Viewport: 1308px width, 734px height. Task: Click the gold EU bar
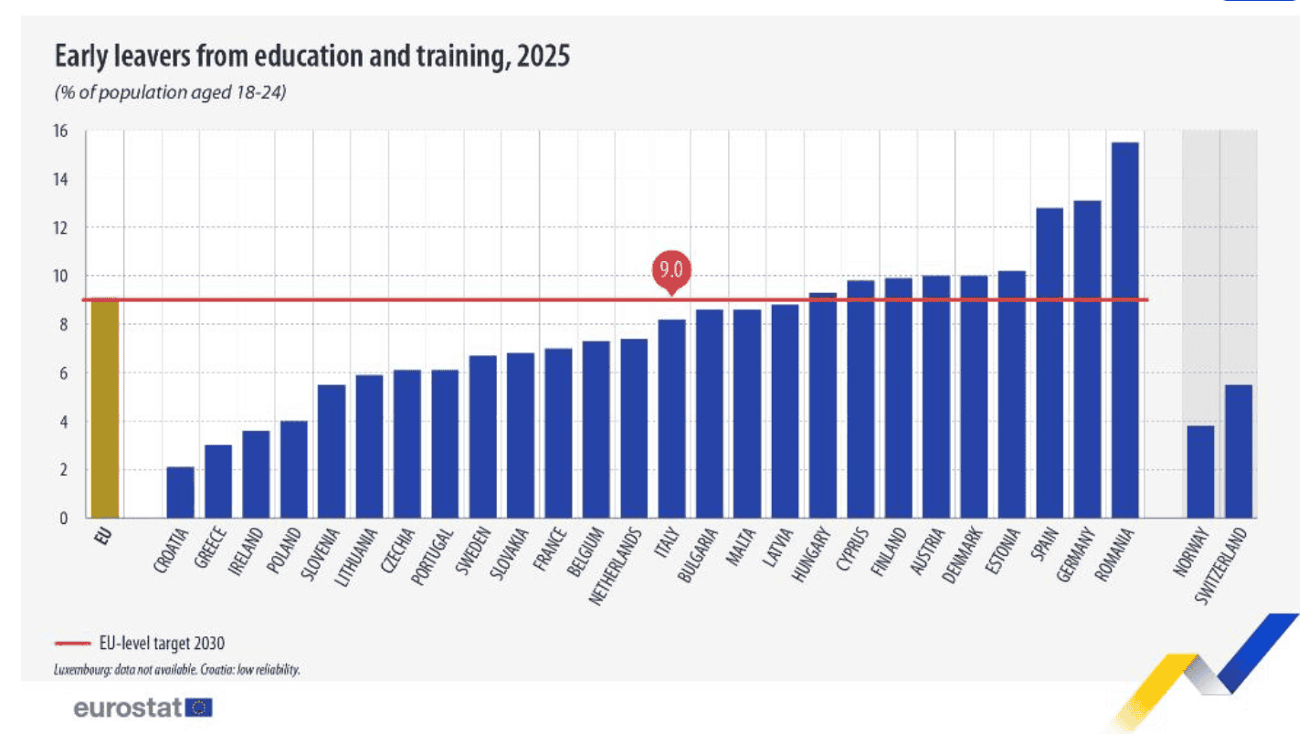click(x=104, y=408)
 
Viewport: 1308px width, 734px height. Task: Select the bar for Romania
click(x=1124, y=330)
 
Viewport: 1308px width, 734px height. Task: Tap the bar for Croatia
click(x=180, y=492)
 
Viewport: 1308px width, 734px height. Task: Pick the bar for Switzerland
click(x=1239, y=452)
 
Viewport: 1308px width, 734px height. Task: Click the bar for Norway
click(x=1200, y=472)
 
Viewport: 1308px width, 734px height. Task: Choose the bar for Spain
click(x=1050, y=363)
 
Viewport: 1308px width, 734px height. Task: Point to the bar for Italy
click(x=671, y=419)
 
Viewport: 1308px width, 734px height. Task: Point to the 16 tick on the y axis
click(x=60, y=131)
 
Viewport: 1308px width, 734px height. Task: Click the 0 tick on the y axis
click(x=64, y=519)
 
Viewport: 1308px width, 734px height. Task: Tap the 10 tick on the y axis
click(x=60, y=276)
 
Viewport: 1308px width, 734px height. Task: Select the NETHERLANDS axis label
click(x=615, y=565)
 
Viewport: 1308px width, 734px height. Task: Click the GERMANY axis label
click(x=1076, y=554)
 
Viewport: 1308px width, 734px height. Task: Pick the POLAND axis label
click(x=284, y=550)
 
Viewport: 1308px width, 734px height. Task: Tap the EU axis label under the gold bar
click(x=103, y=535)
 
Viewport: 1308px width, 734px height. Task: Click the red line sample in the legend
click(x=72, y=644)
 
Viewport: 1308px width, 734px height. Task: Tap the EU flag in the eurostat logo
click(x=199, y=708)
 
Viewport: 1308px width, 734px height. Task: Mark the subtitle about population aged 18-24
click(x=171, y=93)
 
